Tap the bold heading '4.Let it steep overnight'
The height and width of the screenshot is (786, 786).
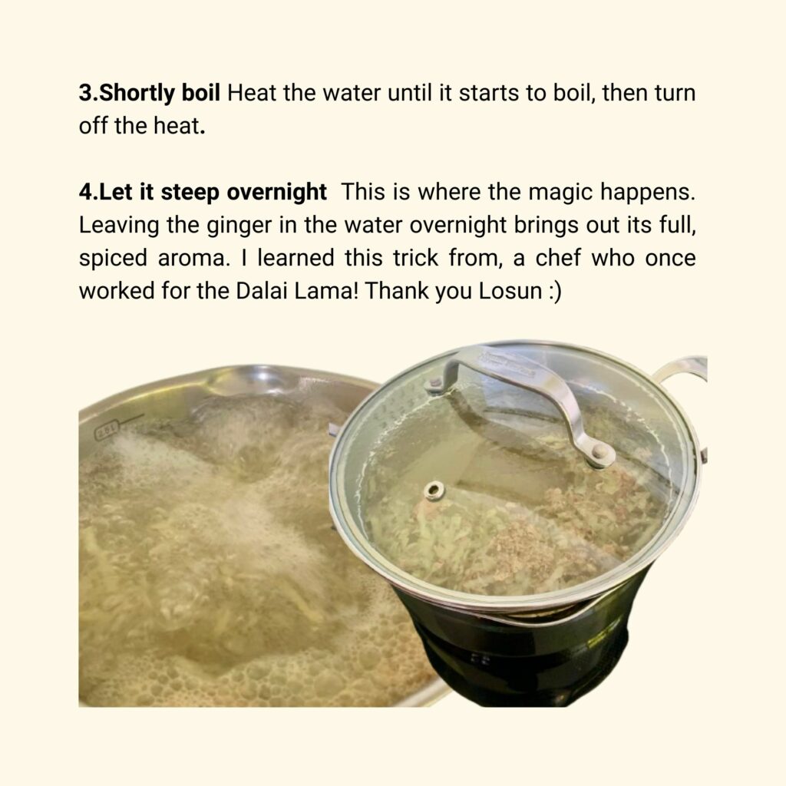(x=203, y=193)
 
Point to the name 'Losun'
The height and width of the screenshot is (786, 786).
(x=510, y=291)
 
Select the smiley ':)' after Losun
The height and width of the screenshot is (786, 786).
(x=555, y=291)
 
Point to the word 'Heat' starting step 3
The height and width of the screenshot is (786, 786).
(x=252, y=93)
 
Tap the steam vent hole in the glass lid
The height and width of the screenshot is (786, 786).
(x=434, y=490)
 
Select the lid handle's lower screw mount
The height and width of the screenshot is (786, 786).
(x=598, y=453)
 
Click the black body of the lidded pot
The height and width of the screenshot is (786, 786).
(x=517, y=652)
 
